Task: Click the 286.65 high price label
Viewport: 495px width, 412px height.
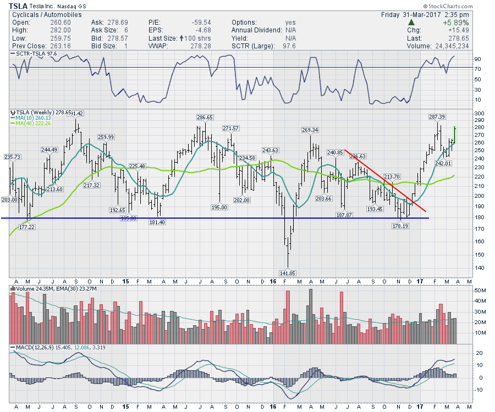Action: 204,117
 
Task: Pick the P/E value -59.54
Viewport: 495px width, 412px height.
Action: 197,23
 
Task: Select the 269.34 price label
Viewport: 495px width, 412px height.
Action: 310,130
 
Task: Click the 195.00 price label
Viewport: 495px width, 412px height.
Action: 219,207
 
